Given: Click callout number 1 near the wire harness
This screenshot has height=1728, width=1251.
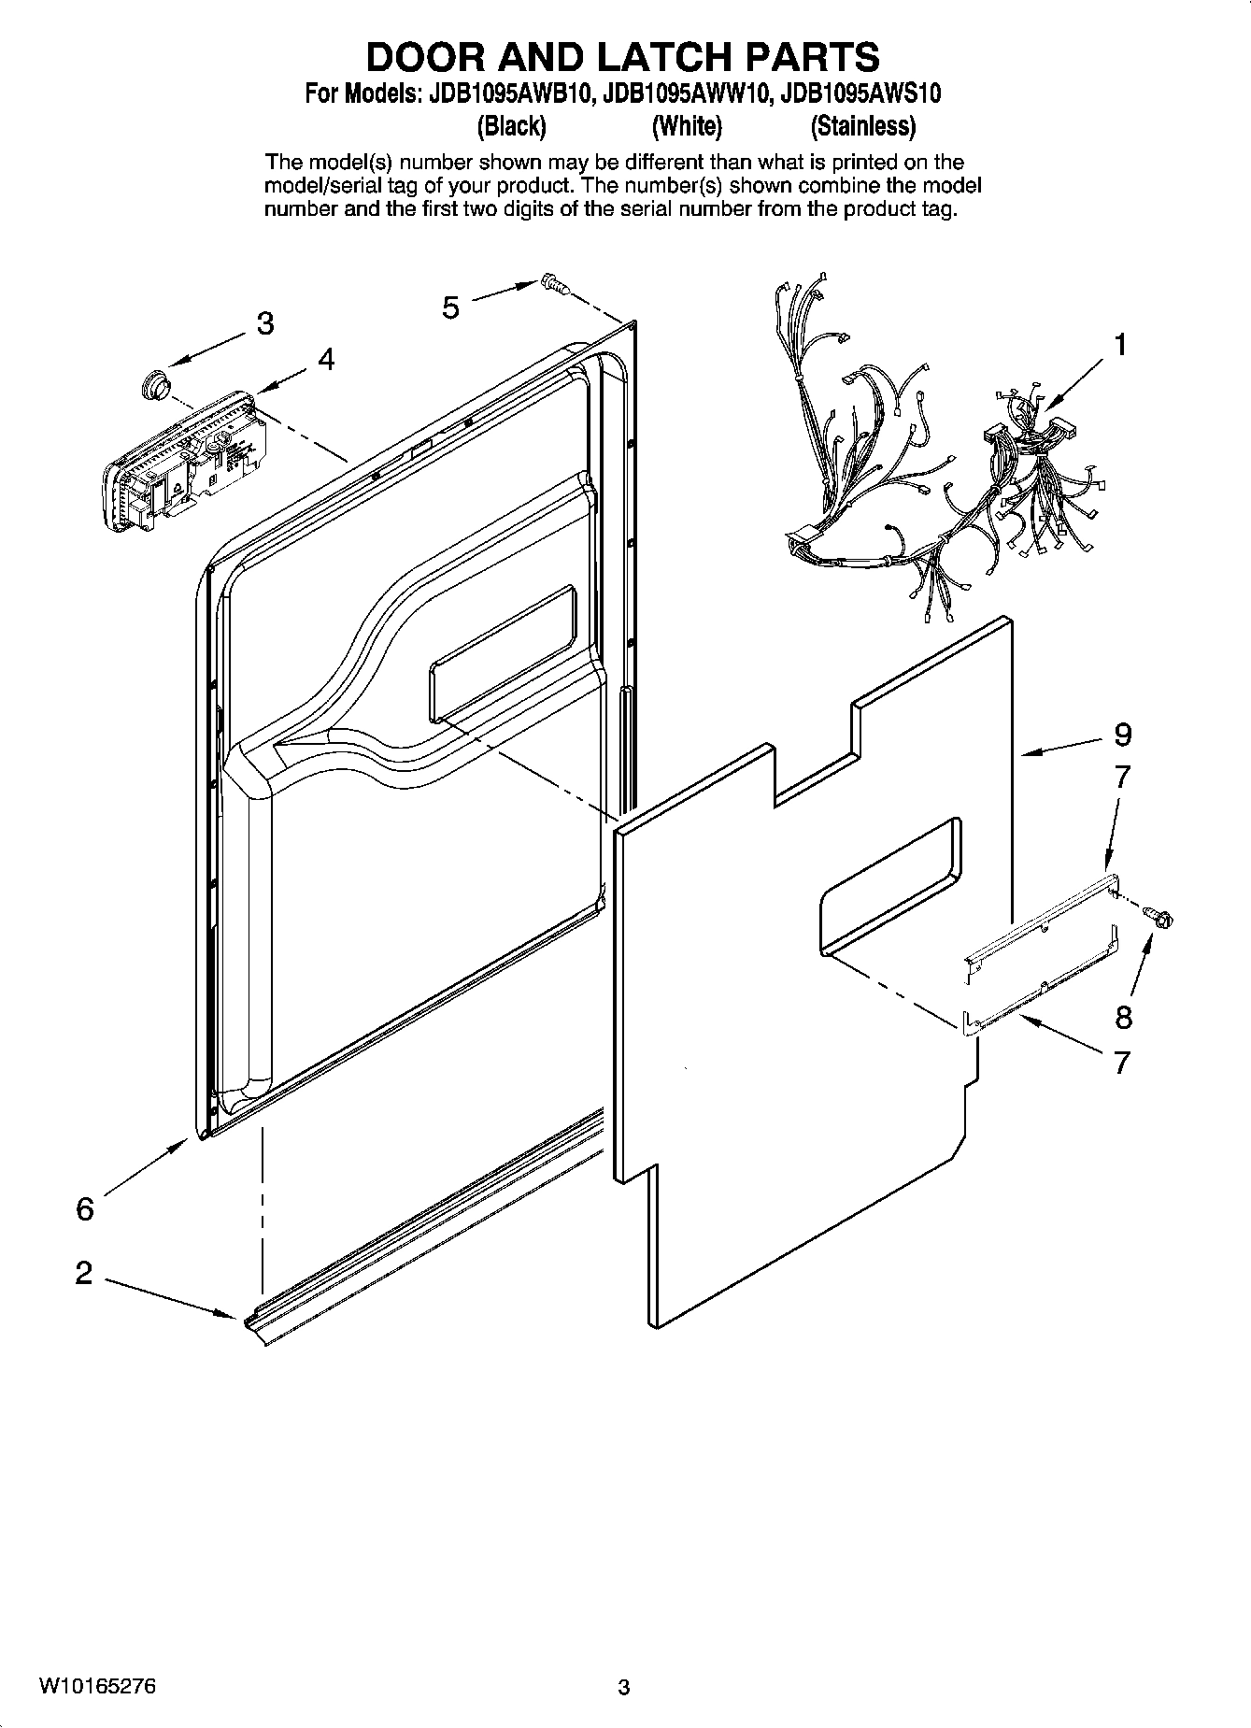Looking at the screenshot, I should tap(1119, 345).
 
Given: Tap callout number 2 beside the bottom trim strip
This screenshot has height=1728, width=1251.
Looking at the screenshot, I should tap(84, 1272).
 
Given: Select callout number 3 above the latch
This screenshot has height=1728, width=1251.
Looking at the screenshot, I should tap(265, 323).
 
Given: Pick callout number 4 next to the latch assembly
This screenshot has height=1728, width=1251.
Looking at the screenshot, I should tap(325, 359).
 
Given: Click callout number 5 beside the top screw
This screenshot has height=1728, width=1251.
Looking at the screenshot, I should tap(451, 307).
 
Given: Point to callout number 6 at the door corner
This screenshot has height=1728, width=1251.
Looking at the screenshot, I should tap(85, 1208).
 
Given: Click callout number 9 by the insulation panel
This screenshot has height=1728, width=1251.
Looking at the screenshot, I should tap(1122, 735).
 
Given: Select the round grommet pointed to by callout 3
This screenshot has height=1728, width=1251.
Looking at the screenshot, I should tap(153, 384).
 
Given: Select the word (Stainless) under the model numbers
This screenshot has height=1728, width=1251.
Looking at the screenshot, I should tap(862, 125).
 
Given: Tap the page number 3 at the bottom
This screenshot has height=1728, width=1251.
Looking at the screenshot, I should tap(624, 1688).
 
